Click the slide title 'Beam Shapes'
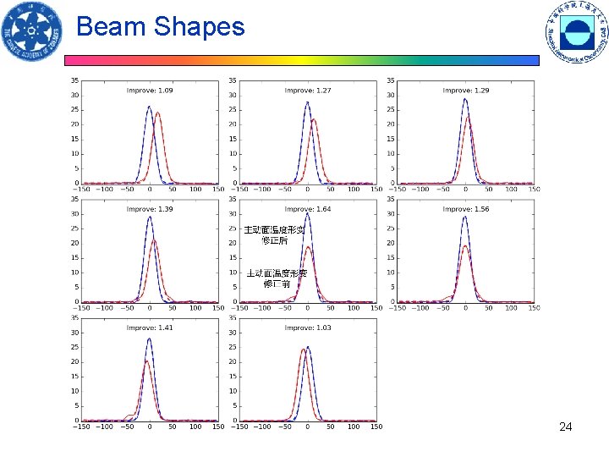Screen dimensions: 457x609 pos(160,27)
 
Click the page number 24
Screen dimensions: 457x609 pos(566,427)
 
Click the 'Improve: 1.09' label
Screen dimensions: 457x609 pos(150,90)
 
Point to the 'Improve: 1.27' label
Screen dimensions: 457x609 pos(308,90)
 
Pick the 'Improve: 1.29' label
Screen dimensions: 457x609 pos(466,90)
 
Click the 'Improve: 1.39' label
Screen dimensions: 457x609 pos(150,208)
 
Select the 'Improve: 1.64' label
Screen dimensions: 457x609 pos(308,208)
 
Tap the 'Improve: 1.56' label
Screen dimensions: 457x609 pos(466,208)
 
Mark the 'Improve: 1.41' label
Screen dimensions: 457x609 pos(150,328)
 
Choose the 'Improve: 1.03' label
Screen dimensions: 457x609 pos(308,328)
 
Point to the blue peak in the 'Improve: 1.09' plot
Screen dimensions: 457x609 pos(149,107)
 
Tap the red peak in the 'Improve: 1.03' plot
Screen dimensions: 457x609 pos(303,350)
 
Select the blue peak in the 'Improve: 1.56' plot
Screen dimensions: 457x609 pos(464,217)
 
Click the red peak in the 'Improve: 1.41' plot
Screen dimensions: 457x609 pos(145,362)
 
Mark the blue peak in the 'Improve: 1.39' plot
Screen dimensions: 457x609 pos(150,217)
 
